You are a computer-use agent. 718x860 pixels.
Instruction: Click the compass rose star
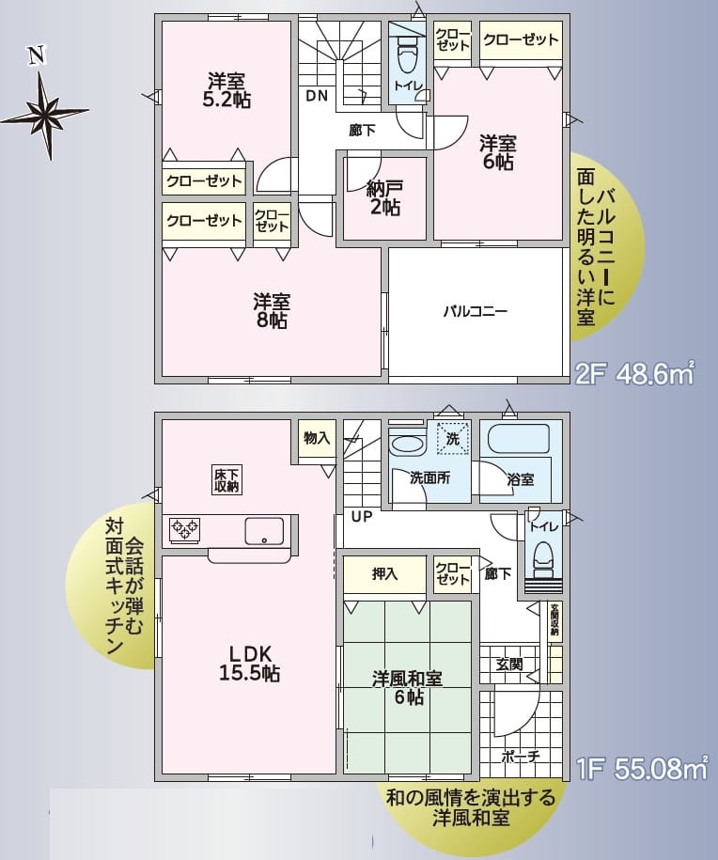click(x=44, y=115)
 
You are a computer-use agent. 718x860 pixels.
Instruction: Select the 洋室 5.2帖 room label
click(x=227, y=89)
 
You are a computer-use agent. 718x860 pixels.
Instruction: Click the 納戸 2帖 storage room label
click(x=383, y=198)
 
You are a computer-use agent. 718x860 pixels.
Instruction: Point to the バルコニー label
click(x=476, y=311)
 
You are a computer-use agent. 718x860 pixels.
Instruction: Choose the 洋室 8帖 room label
click(x=271, y=311)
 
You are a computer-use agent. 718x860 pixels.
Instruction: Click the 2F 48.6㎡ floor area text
click(x=633, y=375)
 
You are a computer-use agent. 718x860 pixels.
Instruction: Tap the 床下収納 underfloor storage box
click(x=226, y=479)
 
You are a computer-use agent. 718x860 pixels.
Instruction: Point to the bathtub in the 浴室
click(x=515, y=439)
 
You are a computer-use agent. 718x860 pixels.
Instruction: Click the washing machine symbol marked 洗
click(x=453, y=439)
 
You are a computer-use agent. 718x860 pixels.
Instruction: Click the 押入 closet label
click(x=385, y=573)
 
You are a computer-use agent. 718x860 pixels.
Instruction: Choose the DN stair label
click(x=317, y=95)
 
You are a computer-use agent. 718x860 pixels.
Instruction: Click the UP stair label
click(x=363, y=516)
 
